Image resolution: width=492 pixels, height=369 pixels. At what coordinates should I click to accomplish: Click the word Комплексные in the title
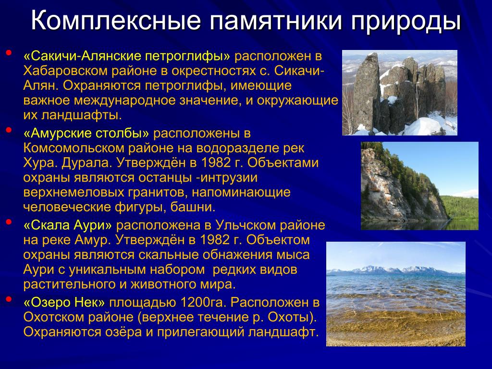pos(116,21)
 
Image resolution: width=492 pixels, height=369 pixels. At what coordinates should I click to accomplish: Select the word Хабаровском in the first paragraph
pos(65,71)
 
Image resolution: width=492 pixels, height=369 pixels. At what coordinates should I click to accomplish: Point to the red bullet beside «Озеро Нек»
pos(9,299)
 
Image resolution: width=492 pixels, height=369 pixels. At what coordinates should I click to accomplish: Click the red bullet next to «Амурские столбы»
pos(9,130)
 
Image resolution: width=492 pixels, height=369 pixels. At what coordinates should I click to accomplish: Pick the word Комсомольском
pos(74,148)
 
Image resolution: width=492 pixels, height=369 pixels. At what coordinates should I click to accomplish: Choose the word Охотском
pos(54,317)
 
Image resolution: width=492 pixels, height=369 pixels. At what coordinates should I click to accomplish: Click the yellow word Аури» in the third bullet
pos(93,225)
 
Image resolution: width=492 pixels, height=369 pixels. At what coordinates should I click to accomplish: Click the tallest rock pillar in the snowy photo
pos(366,93)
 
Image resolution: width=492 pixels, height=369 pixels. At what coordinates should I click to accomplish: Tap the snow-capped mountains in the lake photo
pos(395,271)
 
